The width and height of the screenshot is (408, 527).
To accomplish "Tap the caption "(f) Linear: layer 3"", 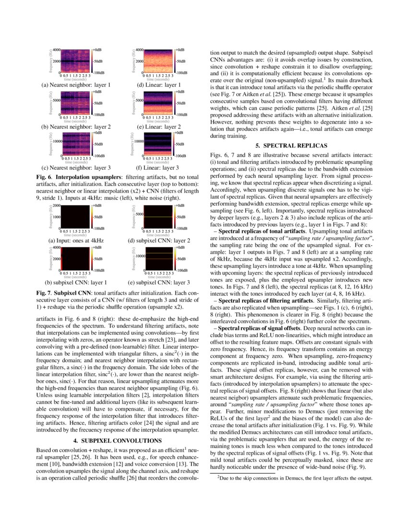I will [158, 168].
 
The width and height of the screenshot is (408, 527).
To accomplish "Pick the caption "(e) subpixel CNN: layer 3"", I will [159, 282].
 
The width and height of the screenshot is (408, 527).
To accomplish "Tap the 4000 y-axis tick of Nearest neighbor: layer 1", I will [56, 50].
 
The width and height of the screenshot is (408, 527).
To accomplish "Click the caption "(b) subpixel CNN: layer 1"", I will [76, 282].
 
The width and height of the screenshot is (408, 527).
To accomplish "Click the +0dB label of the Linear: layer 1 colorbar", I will [180, 50].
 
